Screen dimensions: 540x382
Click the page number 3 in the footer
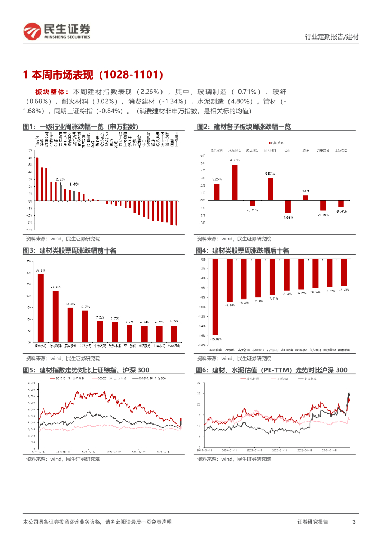coord(354,522)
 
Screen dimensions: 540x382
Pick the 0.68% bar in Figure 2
coord(305,198)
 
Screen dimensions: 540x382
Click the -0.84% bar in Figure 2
coord(341,204)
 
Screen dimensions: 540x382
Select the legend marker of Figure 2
coord(270,143)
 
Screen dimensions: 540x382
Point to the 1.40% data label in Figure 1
coord(74,184)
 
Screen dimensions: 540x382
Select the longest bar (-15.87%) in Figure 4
coord(215,297)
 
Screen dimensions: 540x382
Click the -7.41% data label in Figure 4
coord(272,298)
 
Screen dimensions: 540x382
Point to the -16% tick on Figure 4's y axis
coord(203,335)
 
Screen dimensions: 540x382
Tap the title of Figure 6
coord(271,370)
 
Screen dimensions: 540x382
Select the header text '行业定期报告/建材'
coord(332,37)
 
